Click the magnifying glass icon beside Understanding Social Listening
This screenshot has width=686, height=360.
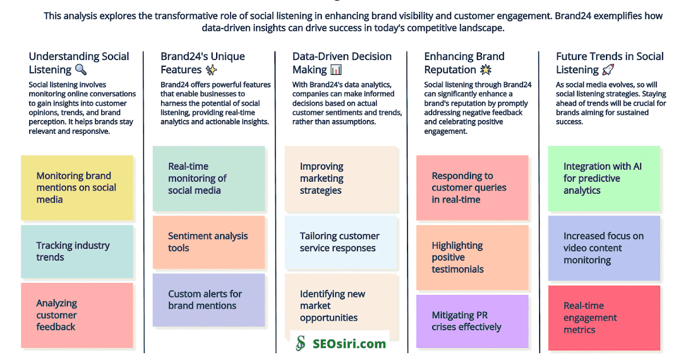(81, 70)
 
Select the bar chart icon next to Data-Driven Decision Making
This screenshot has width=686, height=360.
(336, 70)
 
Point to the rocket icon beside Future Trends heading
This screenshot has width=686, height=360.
(608, 70)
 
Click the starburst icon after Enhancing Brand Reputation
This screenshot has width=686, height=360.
(486, 70)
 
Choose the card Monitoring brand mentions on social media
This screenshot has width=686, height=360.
(77, 187)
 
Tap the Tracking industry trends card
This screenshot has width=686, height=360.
(77, 251)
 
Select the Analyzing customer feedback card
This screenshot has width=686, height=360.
(77, 315)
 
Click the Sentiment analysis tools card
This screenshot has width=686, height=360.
(209, 242)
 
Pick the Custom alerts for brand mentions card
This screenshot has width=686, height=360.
(209, 299)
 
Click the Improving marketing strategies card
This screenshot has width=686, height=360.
(341, 178)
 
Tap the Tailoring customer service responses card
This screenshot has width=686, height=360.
(341, 242)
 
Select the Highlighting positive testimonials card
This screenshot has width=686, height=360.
(472, 257)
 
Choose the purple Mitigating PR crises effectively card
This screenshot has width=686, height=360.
(472, 321)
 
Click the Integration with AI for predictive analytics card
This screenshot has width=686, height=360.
(604, 178)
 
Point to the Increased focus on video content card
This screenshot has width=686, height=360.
(604, 248)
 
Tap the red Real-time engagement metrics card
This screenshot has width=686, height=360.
(604, 318)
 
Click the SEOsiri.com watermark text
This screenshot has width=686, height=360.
(349, 343)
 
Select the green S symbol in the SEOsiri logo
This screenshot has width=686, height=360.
(301, 343)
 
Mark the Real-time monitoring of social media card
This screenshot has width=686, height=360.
(209, 178)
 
